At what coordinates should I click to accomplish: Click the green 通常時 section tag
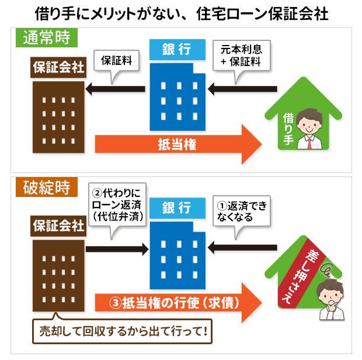click(x=46, y=37)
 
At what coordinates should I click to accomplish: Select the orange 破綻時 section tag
click(x=46, y=187)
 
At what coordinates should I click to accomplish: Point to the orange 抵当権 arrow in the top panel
click(x=178, y=144)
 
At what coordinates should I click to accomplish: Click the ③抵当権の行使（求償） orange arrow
click(x=178, y=303)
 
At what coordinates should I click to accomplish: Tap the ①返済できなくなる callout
click(x=241, y=211)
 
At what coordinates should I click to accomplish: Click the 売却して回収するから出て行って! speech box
click(x=123, y=331)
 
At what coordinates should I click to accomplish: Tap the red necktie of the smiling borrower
click(x=309, y=143)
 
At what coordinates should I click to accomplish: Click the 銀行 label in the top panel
click(x=177, y=49)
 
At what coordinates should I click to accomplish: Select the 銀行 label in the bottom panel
click(x=177, y=207)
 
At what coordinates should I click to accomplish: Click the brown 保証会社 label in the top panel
click(x=58, y=67)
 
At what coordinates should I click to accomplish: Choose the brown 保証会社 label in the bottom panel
click(x=58, y=226)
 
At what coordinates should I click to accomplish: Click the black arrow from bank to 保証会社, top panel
click(x=115, y=89)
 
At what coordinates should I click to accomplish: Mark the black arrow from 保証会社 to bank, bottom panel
click(x=117, y=249)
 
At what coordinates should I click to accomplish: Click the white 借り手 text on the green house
click(x=288, y=129)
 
